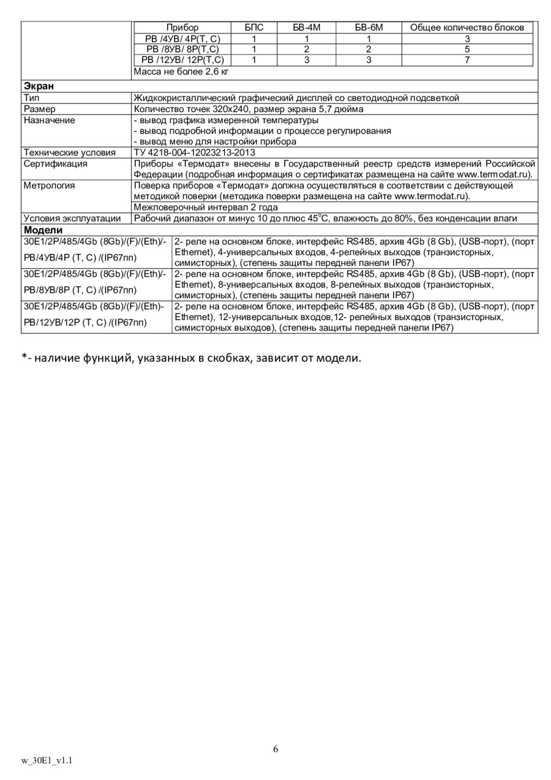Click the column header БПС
point(253,28)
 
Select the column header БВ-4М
point(307,28)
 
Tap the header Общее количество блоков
point(467,28)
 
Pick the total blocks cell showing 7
point(467,60)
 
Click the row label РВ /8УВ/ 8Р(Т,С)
point(182,49)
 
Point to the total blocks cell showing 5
point(467,49)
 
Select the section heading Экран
point(39,86)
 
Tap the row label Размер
point(39,109)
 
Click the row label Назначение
point(50,120)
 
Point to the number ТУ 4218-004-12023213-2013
point(194,152)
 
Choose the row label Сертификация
point(55,163)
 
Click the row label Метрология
point(49,186)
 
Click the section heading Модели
point(43,230)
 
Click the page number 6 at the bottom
point(275,749)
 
